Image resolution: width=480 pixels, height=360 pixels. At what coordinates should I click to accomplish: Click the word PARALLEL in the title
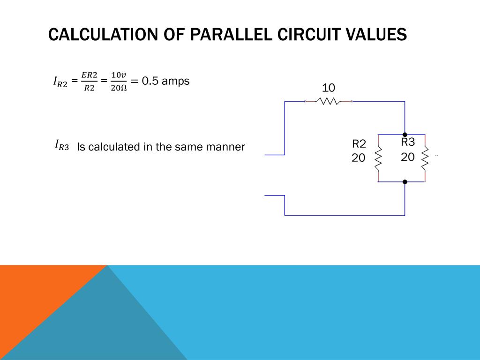[x=222, y=35]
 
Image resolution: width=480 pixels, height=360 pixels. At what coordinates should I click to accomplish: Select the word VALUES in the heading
[x=375, y=35]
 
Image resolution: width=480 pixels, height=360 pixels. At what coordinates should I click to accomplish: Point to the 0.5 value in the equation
[x=150, y=81]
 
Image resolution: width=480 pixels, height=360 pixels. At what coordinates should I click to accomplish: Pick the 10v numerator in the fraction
[x=119, y=75]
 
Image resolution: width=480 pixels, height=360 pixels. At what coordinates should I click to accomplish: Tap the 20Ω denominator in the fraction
[x=119, y=88]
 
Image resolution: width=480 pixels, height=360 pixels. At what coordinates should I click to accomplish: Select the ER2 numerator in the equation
[x=89, y=75]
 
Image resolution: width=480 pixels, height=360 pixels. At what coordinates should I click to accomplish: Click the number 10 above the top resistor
[x=328, y=88]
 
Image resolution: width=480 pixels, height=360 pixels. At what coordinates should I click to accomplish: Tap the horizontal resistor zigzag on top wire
[x=328, y=101]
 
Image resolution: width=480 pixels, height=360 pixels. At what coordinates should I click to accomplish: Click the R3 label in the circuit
[x=408, y=142]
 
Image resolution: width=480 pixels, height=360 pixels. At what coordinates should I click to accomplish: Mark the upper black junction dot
[x=405, y=135]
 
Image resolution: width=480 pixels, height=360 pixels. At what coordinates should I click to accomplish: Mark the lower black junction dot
[x=405, y=181]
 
